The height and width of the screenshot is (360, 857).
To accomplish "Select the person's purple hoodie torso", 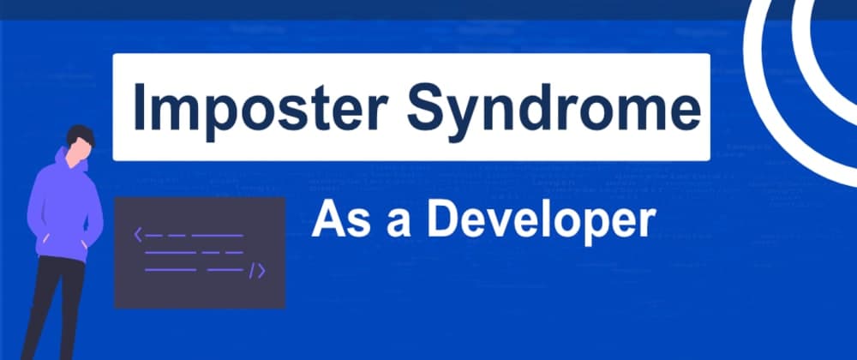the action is pos(64,210).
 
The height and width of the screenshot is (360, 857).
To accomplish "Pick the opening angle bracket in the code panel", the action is pos(138,235).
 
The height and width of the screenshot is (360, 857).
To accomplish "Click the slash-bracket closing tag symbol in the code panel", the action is pos(257,271).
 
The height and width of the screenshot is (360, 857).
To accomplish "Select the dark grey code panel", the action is pos(200,253).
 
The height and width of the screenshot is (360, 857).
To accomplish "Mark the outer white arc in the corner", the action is pos(765,109).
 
